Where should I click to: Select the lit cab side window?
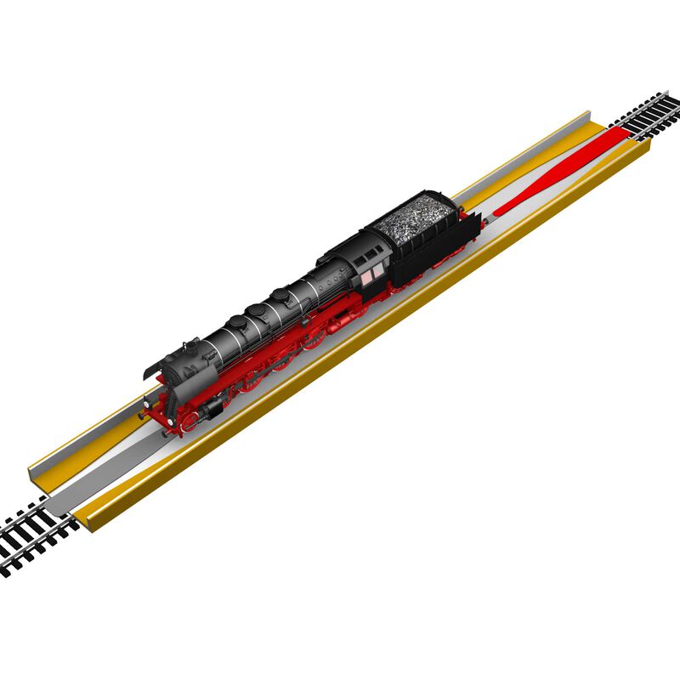[371, 273]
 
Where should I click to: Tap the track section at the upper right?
[650, 116]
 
